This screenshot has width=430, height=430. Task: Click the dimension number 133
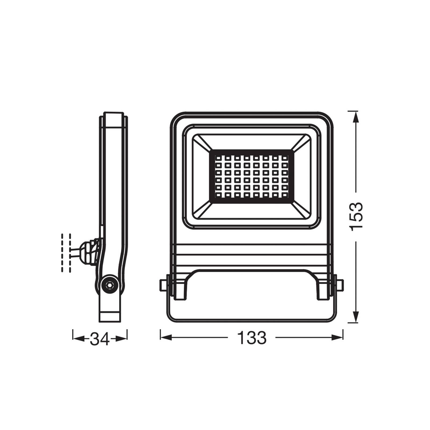(252, 338)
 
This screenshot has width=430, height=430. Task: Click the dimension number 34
(100, 339)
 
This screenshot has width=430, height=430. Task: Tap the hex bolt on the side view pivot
(109, 285)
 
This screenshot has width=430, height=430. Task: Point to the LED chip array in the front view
(251, 176)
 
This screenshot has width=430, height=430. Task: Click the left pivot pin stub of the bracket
(163, 285)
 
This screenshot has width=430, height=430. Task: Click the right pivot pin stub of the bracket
(340, 285)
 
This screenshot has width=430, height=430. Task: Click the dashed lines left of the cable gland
(66, 253)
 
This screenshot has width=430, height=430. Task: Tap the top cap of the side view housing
(113, 120)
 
